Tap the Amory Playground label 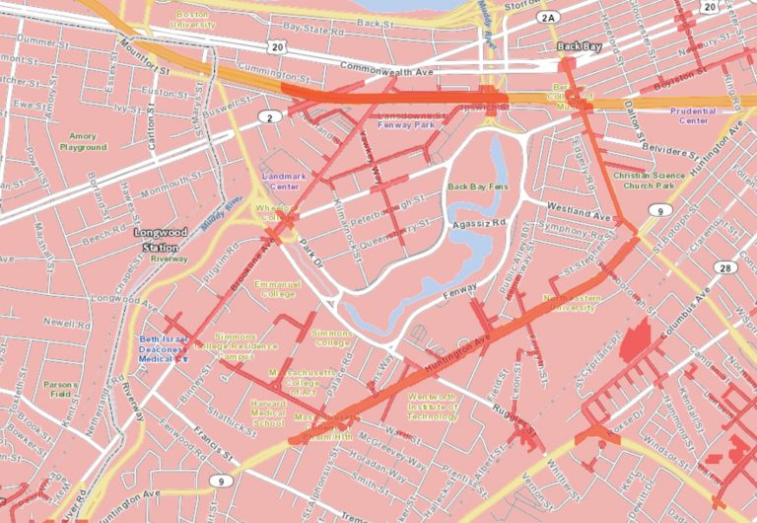(x=83, y=142)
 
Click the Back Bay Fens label (x=475, y=186)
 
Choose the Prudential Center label (x=693, y=116)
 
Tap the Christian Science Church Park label (x=643, y=180)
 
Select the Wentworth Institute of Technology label (x=432, y=407)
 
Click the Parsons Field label (x=60, y=389)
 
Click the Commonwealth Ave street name (x=386, y=69)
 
